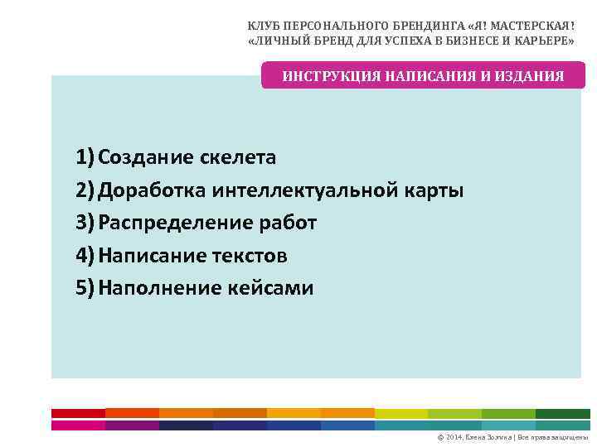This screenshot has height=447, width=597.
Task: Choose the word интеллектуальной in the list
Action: click(x=305, y=190)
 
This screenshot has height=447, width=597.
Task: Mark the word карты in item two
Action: click(x=434, y=190)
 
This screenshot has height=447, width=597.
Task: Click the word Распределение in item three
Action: click(x=172, y=223)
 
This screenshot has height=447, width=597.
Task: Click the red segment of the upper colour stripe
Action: click(x=78, y=413)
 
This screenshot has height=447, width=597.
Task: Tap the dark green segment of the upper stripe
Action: click(x=562, y=413)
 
